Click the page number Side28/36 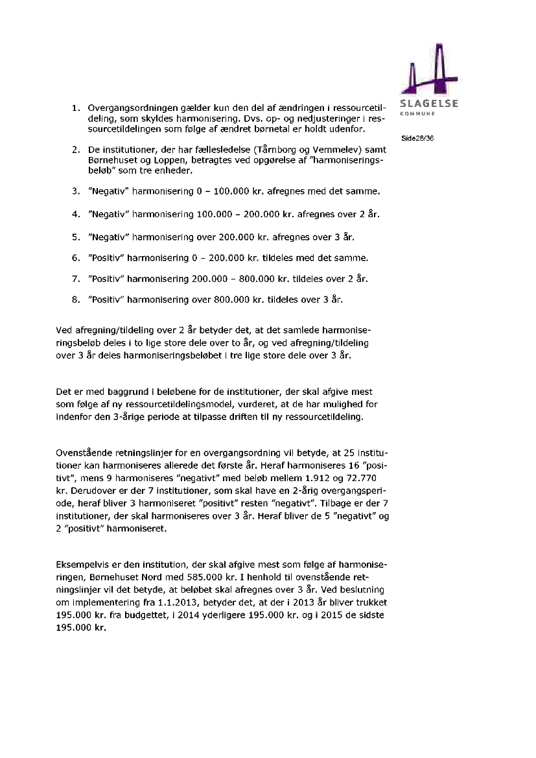pos(417,138)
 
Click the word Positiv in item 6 pos(106,258)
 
